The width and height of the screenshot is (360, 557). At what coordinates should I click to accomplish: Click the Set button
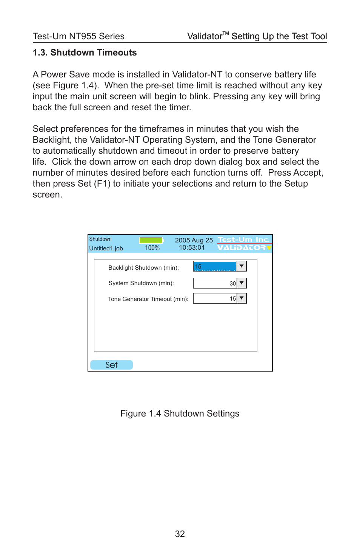click(111, 365)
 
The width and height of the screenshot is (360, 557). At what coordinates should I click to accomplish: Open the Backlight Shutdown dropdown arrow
click(242, 266)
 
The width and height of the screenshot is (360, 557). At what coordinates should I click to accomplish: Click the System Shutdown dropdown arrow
click(242, 283)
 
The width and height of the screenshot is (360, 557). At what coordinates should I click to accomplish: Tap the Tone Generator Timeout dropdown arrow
click(242, 298)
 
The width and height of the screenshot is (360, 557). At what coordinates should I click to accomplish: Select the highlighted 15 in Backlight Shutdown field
click(215, 266)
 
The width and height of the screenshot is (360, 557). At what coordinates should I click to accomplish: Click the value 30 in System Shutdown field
click(232, 283)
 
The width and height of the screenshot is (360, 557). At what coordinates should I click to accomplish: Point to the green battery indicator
click(151, 240)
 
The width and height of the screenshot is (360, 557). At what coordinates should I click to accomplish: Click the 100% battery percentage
click(152, 248)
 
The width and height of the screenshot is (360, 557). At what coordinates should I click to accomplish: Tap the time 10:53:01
click(192, 248)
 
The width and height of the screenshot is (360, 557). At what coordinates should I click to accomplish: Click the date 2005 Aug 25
click(194, 240)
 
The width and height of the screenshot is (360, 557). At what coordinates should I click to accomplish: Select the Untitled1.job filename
click(106, 248)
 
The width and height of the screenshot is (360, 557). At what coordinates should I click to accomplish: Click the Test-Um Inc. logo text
click(244, 239)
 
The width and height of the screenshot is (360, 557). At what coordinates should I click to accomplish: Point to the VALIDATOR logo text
click(242, 248)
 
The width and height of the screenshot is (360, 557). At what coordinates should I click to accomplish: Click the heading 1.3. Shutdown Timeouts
click(85, 52)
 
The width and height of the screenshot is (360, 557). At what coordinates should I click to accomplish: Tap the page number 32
click(180, 534)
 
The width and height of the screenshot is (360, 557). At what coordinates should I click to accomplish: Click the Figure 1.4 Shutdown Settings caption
click(180, 414)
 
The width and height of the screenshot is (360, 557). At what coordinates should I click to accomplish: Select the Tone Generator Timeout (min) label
click(148, 299)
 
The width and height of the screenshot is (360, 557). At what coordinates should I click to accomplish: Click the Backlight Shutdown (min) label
click(143, 268)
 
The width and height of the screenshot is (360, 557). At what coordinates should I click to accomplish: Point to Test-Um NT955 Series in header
click(78, 36)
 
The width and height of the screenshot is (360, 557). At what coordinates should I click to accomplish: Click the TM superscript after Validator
click(226, 34)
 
